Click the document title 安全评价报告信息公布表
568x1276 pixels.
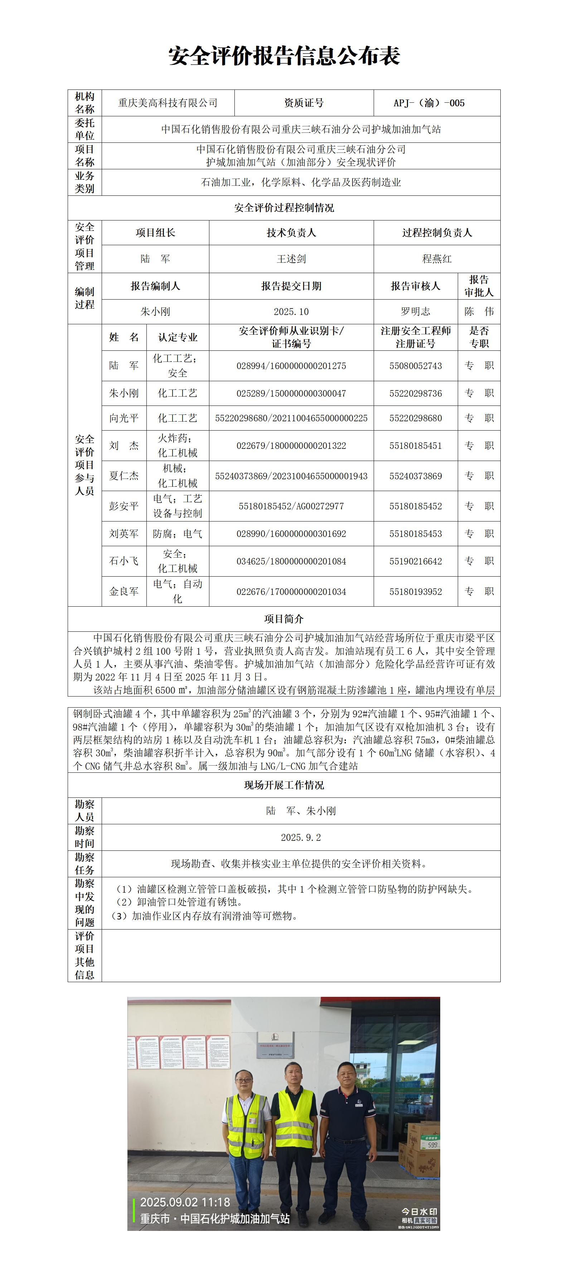point(284,56)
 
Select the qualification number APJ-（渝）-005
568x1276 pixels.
point(429,103)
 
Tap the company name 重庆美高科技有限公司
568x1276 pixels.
point(168,103)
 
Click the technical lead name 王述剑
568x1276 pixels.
point(291,258)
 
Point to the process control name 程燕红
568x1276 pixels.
point(437,258)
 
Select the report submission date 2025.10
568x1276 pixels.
point(291,311)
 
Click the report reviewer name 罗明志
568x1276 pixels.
point(416,311)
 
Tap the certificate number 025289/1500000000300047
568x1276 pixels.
point(291,393)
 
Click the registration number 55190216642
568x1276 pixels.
point(416,561)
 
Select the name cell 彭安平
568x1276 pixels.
point(124,506)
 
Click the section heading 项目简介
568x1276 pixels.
point(284,619)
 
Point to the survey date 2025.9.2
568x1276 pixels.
point(301,837)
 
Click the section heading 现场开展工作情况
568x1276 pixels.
point(284,785)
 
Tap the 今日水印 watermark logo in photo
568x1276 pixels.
point(419,1212)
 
